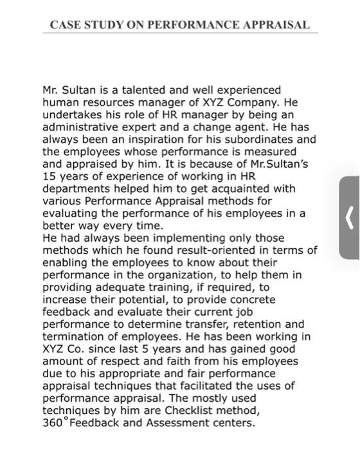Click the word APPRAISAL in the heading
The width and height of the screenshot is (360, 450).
[x=274, y=26]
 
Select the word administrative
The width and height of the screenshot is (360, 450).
[x=80, y=127]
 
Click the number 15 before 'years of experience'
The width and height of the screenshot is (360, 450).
[x=50, y=176]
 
